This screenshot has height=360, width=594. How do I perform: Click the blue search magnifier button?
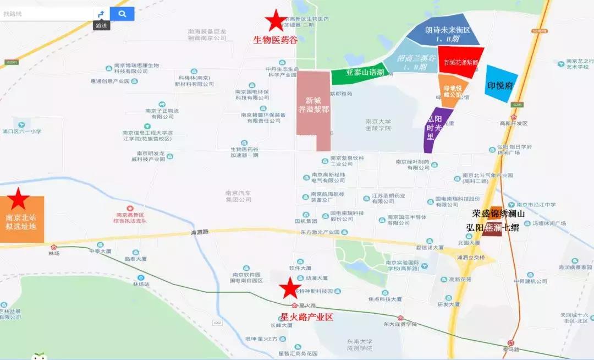(x=122, y=14)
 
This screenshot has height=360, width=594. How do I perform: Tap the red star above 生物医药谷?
(x=275, y=21)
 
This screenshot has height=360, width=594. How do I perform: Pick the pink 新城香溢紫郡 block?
(x=312, y=107)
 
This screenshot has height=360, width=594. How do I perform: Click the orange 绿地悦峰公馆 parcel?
(x=453, y=90)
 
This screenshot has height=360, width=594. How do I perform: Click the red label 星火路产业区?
(x=307, y=317)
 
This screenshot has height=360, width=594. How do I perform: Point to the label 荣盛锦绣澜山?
(x=499, y=213)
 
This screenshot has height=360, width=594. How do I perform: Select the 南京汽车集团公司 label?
(x=238, y=197)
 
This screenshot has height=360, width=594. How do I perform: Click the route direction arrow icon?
(x=101, y=14)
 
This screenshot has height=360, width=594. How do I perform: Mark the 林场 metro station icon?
(x=53, y=248)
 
